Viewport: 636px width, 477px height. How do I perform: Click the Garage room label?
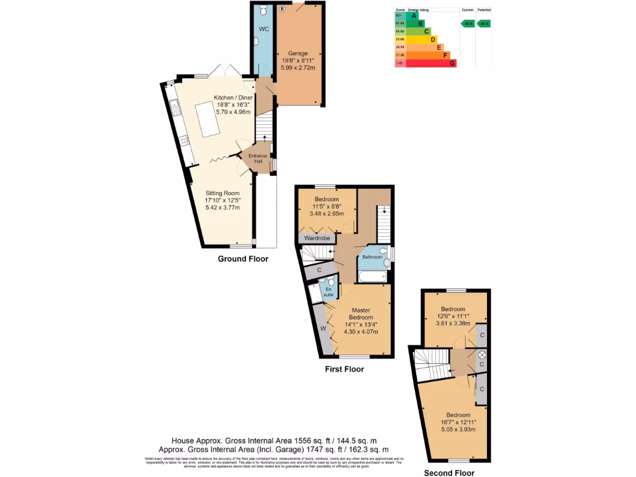coord(298,53)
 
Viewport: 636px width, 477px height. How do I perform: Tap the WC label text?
coord(263,29)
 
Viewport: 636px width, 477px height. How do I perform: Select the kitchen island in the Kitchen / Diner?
coord(207,116)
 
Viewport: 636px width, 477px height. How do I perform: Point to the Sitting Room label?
coord(222,193)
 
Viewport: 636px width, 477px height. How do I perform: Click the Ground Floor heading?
coord(243,259)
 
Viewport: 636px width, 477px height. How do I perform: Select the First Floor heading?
coord(344,369)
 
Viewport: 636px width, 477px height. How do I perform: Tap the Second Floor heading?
coord(449,473)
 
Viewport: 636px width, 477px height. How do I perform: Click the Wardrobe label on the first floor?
coord(317,237)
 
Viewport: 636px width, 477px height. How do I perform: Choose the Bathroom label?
coord(373,257)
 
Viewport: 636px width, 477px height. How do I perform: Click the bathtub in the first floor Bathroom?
coord(372,275)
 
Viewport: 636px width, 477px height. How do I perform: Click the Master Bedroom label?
coord(360,314)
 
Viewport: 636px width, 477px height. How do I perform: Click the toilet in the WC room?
coord(263,11)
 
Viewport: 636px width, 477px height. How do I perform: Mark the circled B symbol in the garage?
coord(281,9)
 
